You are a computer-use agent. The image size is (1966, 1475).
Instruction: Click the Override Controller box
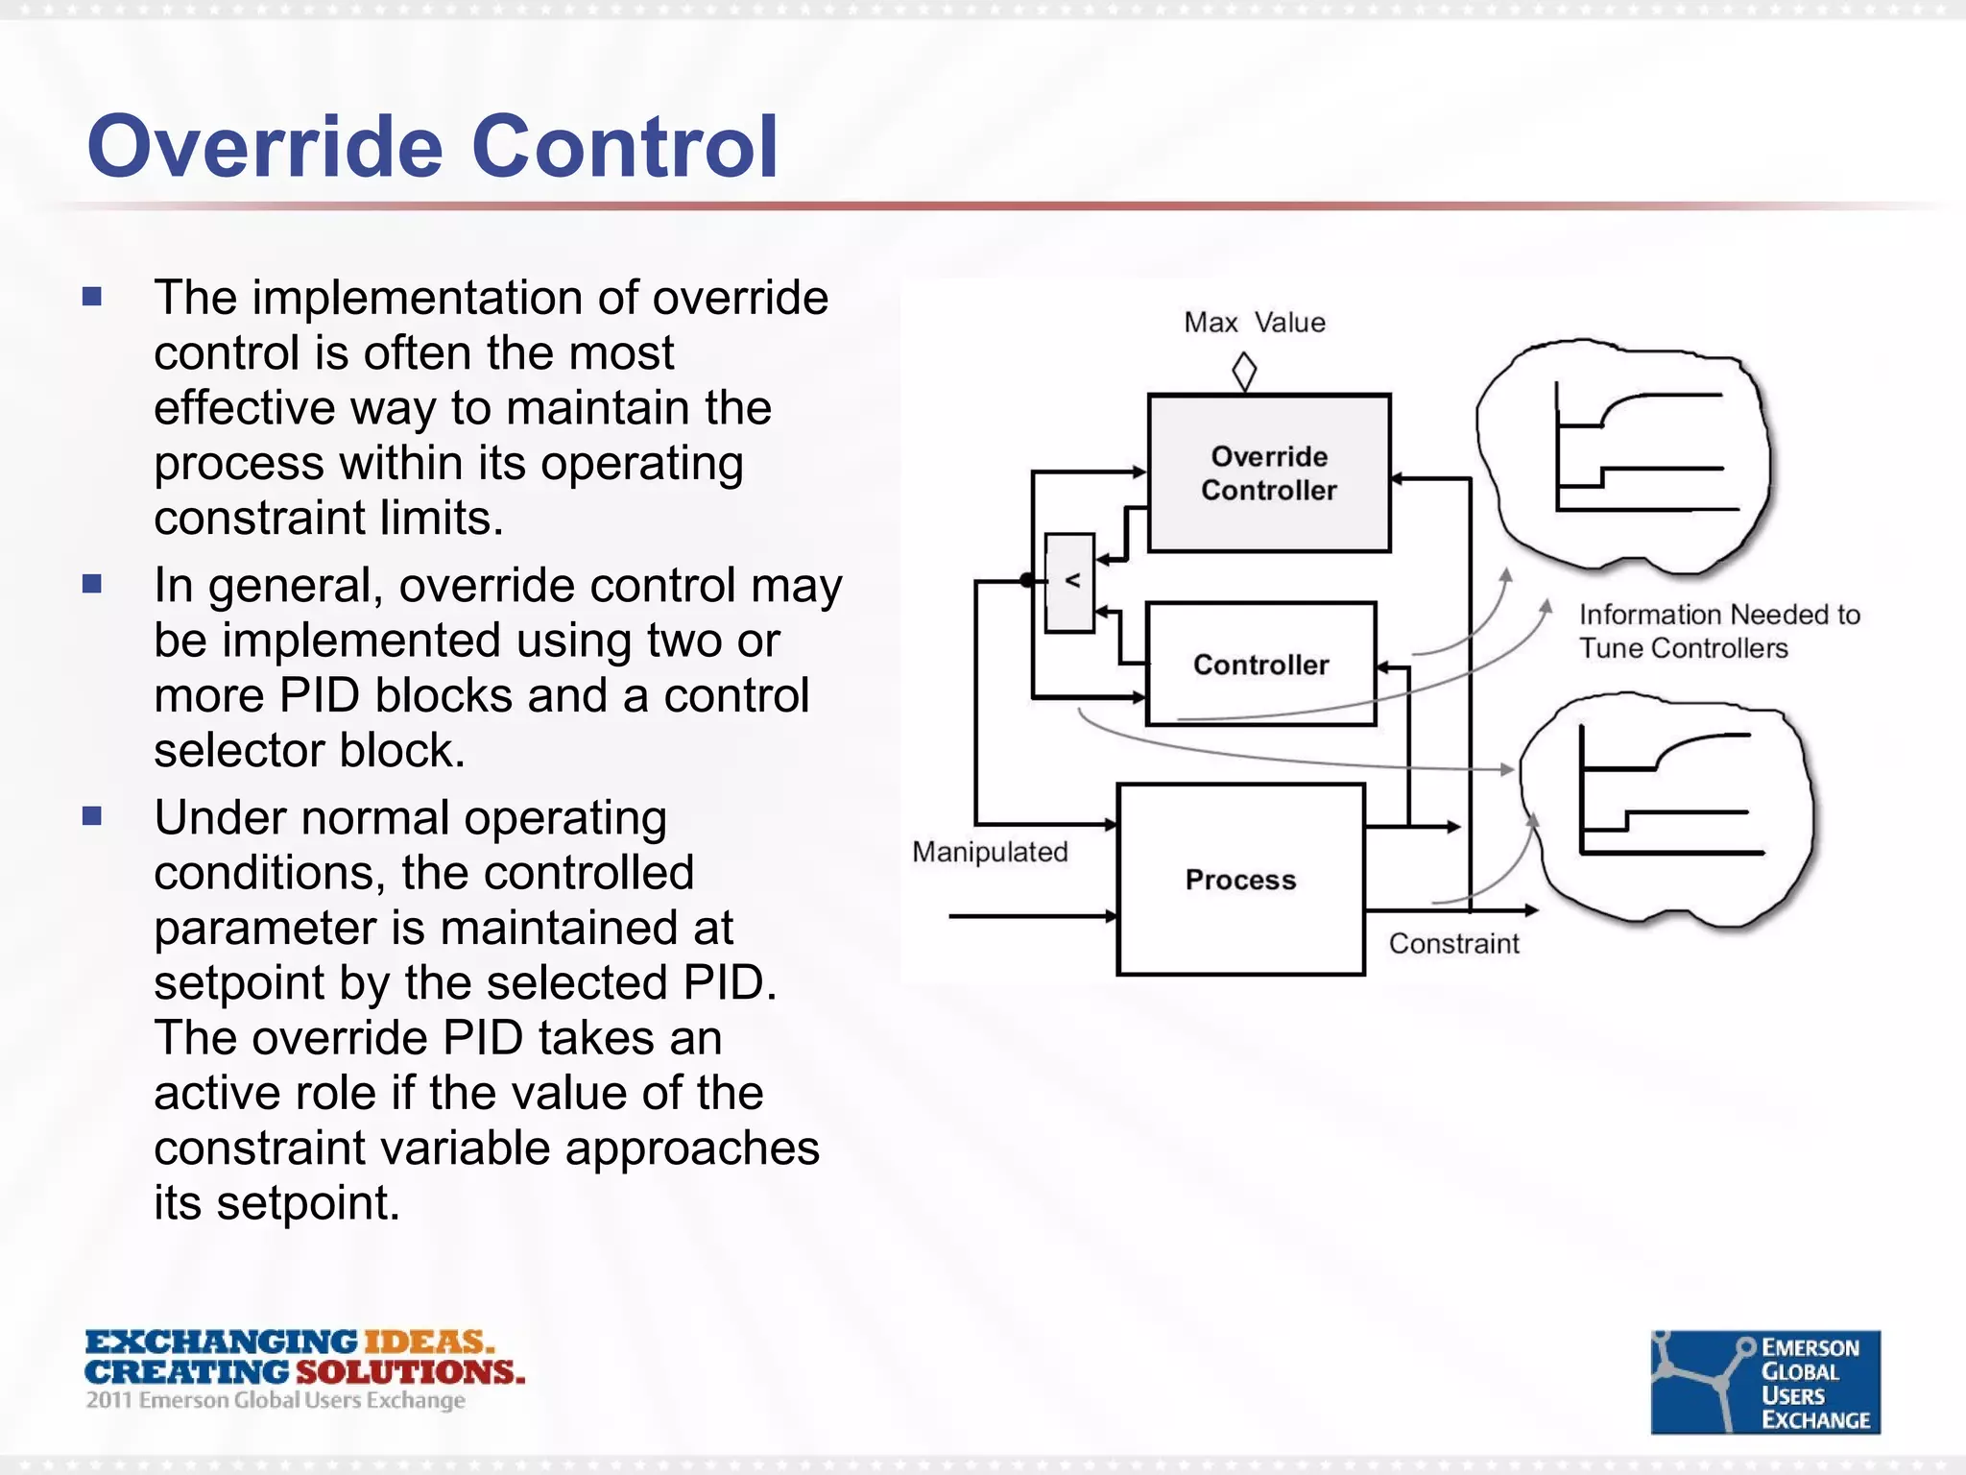click(x=1268, y=472)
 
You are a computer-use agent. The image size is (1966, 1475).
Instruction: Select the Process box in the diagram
click(x=1240, y=879)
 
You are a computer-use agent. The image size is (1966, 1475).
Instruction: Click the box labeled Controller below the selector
click(x=1260, y=664)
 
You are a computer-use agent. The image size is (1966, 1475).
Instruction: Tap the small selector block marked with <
click(x=1070, y=582)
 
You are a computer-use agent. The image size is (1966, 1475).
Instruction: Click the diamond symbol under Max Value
click(x=1244, y=372)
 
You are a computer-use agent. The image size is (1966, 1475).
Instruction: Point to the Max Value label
click(x=1254, y=323)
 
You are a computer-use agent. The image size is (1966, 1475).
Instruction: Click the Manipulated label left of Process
click(x=990, y=852)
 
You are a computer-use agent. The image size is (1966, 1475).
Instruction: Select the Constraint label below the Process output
click(x=1453, y=944)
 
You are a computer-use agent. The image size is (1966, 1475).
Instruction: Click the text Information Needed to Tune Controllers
click(x=1718, y=631)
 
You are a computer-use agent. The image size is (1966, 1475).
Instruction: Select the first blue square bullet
click(x=92, y=296)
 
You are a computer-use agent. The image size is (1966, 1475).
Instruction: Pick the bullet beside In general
click(x=92, y=584)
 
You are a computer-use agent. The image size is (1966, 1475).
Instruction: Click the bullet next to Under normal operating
click(x=92, y=816)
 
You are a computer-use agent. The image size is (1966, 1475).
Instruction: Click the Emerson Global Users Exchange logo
click(x=1764, y=1382)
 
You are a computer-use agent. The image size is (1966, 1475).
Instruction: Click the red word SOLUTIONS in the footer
click(x=410, y=1371)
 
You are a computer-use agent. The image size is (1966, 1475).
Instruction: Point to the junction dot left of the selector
click(x=1027, y=580)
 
